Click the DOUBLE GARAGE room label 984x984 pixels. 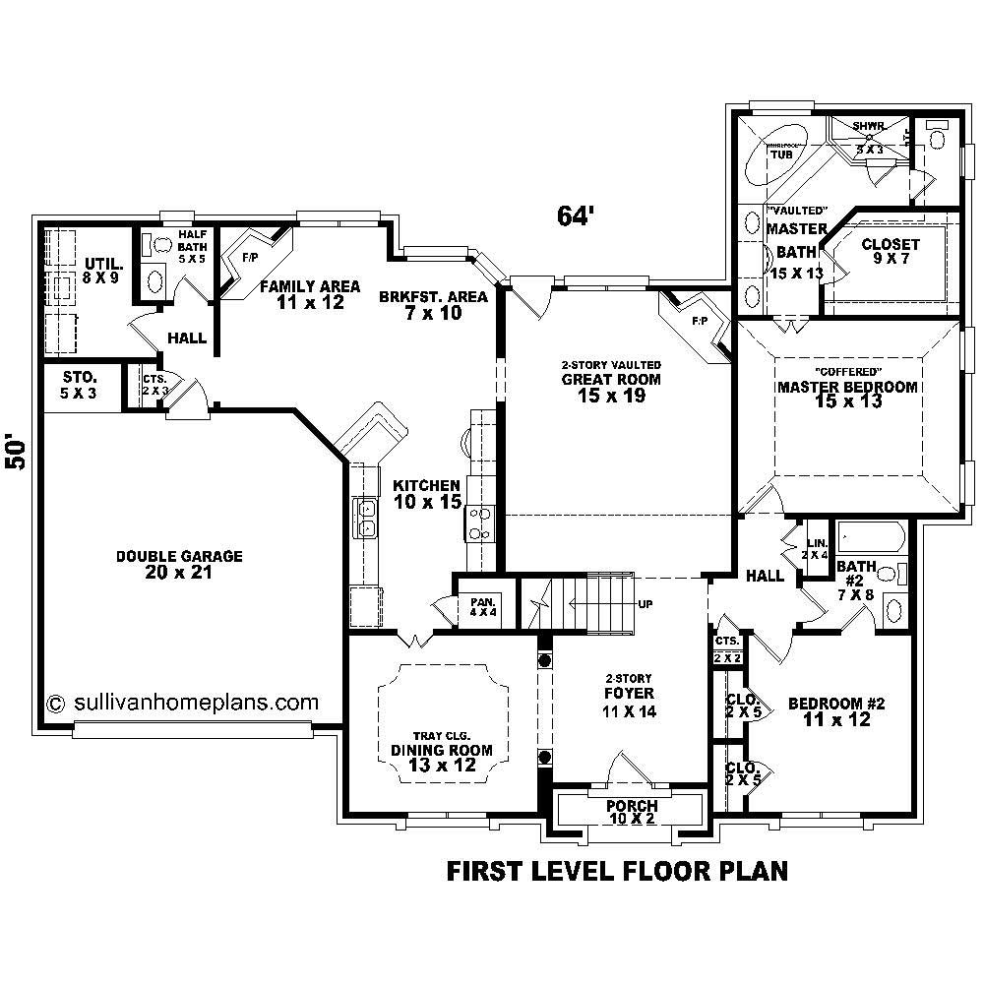179,564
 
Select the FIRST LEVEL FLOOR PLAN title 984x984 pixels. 617,871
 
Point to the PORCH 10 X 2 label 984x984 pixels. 631,812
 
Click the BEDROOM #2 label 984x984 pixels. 837,711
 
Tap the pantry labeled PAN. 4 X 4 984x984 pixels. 482,605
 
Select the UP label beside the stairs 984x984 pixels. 646,603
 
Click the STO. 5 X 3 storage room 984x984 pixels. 80,385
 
